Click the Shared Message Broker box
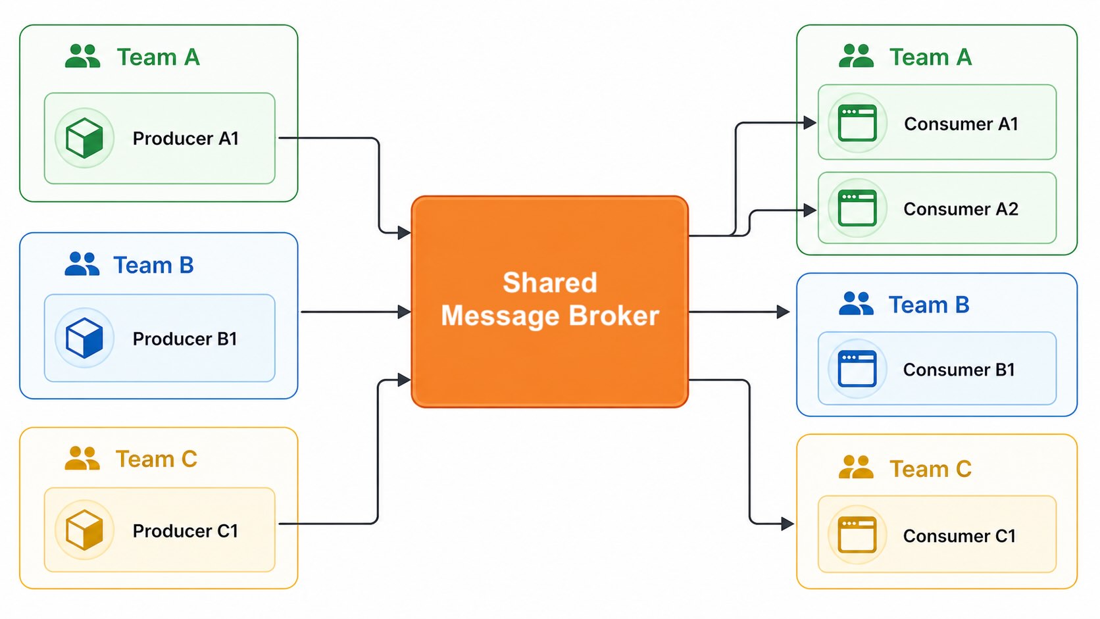[549, 301]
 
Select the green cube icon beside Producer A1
[84, 138]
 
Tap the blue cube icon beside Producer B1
[84, 337]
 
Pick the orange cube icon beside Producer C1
[84, 530]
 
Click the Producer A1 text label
[186, 139]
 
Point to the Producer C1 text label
[186, 531]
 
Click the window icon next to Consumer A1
[857, 123]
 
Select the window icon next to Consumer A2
[857, 208]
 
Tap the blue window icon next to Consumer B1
[857, 368]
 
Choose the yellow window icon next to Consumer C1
[857, 534]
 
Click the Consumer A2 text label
[961, 209]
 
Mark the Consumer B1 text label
[959, 370]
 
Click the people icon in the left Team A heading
[82, 57]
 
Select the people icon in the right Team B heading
[856, 304]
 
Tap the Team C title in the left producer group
[157, 458]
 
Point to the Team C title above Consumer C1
[930, 469]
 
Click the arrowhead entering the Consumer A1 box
[810, 122]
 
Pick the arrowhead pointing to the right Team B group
[783, 312]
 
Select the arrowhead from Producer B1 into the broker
[405, 312]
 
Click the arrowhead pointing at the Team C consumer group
[787, 524]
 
